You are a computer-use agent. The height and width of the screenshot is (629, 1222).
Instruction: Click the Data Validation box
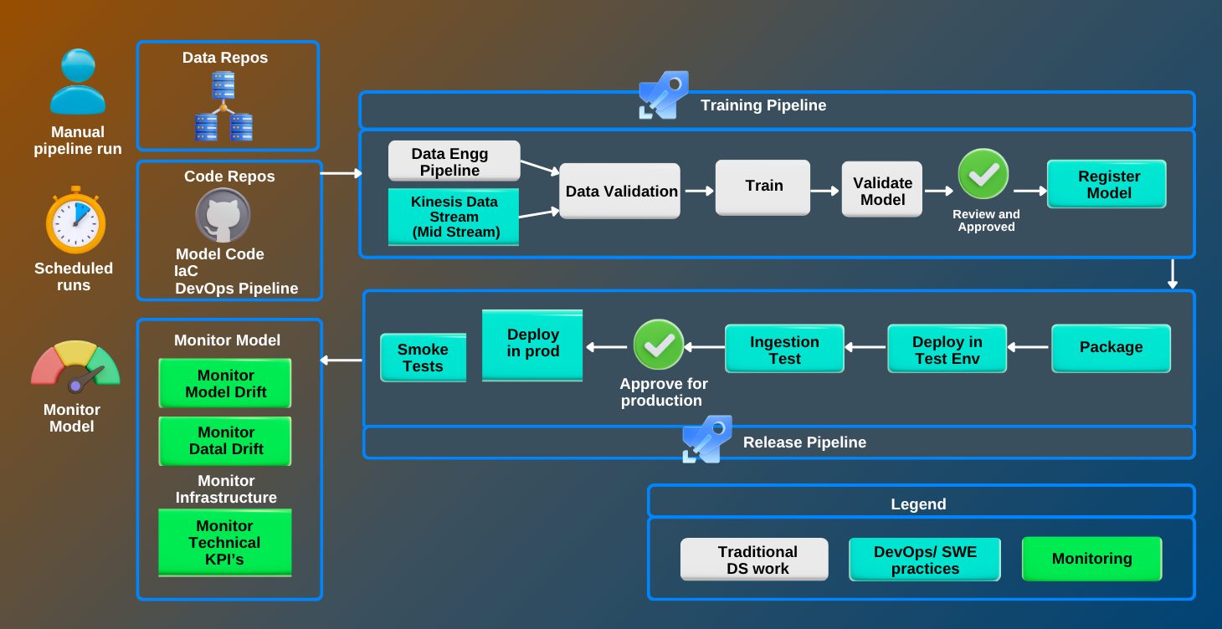620,192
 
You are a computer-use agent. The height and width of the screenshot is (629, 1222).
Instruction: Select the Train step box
763,187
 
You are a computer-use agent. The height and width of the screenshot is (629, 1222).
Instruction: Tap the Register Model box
1107,185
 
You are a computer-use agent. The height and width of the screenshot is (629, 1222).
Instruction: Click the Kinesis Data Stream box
454,217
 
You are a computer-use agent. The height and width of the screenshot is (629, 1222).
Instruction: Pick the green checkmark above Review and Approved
983,174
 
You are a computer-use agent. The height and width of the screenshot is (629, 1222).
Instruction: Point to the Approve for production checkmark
659,344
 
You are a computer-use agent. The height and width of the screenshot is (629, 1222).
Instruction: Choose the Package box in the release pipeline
1111,347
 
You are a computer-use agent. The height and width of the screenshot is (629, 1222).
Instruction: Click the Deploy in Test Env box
947,350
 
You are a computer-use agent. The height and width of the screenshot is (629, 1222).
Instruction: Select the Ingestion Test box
784,350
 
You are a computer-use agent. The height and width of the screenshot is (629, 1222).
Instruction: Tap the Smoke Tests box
423,358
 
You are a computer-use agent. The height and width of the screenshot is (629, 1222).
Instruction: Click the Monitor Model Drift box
225,384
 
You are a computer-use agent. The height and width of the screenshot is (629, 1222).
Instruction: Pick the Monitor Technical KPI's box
225,542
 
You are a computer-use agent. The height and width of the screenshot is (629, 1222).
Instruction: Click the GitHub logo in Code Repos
223,215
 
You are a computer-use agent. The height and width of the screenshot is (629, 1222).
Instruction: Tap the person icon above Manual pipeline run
77,82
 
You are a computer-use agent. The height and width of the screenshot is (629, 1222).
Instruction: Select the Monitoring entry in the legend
1091,559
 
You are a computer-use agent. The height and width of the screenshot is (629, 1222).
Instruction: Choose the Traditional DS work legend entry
754,560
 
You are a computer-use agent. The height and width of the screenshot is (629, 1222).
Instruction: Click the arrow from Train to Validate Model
825,191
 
